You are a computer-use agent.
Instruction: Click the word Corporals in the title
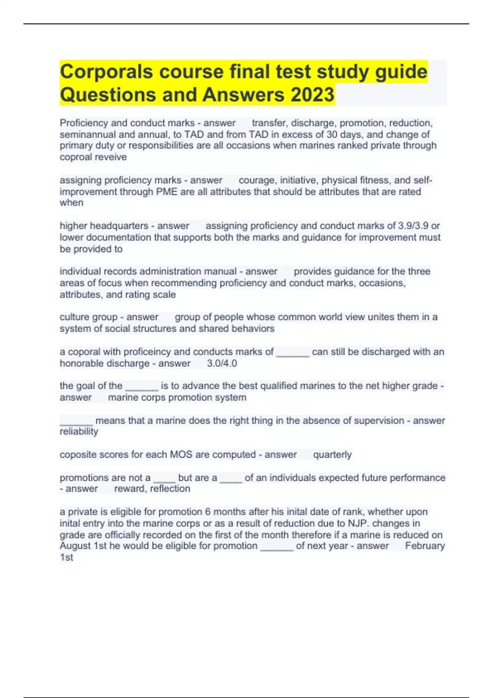point(106,72)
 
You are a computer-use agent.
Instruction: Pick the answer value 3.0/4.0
point(222,363)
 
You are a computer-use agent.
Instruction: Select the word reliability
point(79,432)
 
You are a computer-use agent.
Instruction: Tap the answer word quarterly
point(332,455)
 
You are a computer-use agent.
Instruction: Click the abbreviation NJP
point(357,523)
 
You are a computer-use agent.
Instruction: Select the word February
point(425,546)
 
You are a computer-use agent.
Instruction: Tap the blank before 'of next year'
point(277,547)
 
